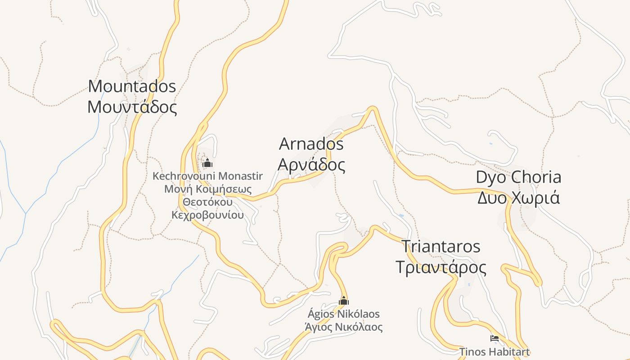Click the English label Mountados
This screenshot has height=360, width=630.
pyautogui.click(x=132, y=86)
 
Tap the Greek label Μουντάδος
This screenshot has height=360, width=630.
pyautogui.click(x=132, y=107)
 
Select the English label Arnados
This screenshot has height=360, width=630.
pyautogui.click(x=311, y=144)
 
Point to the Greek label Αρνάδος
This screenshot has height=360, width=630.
pyautogui.click(x=311, y=165)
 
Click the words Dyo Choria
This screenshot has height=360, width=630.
pyautogui.click(x=518, y=177)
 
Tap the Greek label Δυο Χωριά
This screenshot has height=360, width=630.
pyautogui.click(x=518, y=198)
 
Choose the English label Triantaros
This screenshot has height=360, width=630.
pyautogui.click(x=441, y=247)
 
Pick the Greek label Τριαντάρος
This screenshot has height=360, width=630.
pyautogui.click(x=441, y=267)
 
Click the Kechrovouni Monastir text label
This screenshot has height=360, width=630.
pyautogui.click(x=207, y=176)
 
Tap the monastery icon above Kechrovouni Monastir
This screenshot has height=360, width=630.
pyautogui.click(x=207, y=162)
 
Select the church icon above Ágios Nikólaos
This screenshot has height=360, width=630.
pyautogui.click(x=344, y=301)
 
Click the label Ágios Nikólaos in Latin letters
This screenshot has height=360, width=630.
pyautogui.click(x=344, y=314)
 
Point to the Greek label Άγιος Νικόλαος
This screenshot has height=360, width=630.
pyautogui.click(x=344, y=327)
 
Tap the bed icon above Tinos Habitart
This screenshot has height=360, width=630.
pyautogui.click(x=495, y=338)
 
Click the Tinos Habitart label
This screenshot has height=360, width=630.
pyautogui.click(x=495, y=351)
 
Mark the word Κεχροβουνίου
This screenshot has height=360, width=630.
pyautogui.click(x=207, y=215)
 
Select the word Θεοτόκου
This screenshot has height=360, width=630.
pyautogui.click(x=207, y=202)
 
